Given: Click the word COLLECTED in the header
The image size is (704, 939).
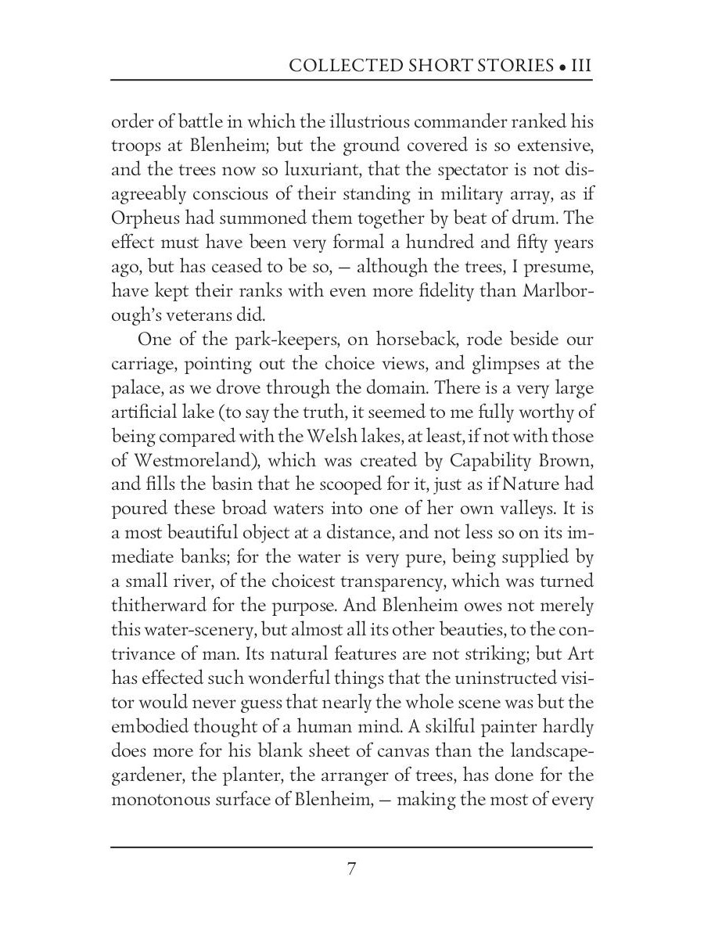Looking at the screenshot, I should pos(338,65).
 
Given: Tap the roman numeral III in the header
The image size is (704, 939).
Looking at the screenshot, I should pos(581,65).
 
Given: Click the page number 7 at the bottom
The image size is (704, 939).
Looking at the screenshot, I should pos(352,869).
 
